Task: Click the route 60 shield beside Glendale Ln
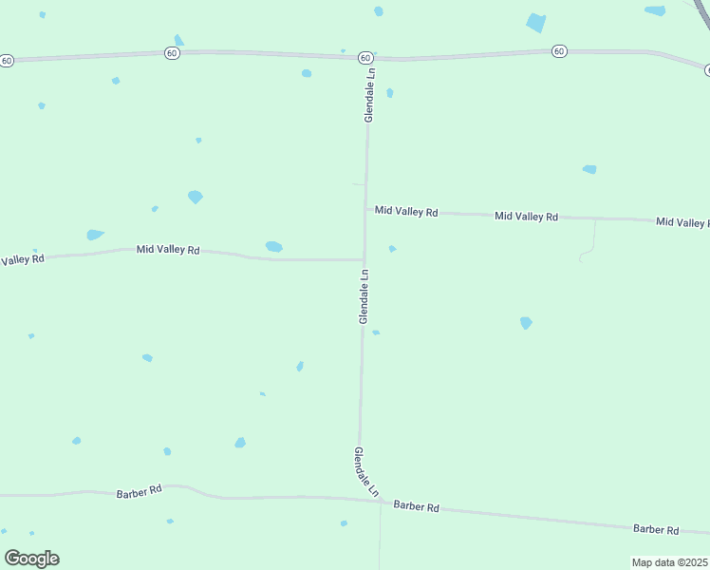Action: (365, 58)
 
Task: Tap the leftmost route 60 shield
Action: (7, 60)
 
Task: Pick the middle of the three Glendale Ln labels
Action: (364, 296)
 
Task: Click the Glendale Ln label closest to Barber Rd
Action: (366, 472)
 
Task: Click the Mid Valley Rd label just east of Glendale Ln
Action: (406, 211)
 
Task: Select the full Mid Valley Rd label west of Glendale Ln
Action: (168, 250)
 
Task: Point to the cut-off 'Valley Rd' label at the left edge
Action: (23, 259)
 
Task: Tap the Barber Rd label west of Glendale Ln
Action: (140, 492)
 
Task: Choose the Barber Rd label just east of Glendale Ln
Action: (416, 507)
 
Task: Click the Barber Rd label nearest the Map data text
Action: (657, 529)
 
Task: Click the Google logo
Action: (31, 559)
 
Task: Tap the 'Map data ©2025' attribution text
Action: (670, 562)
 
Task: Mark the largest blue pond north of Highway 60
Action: (536, 23)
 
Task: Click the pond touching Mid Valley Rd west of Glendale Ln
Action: (274, 247)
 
